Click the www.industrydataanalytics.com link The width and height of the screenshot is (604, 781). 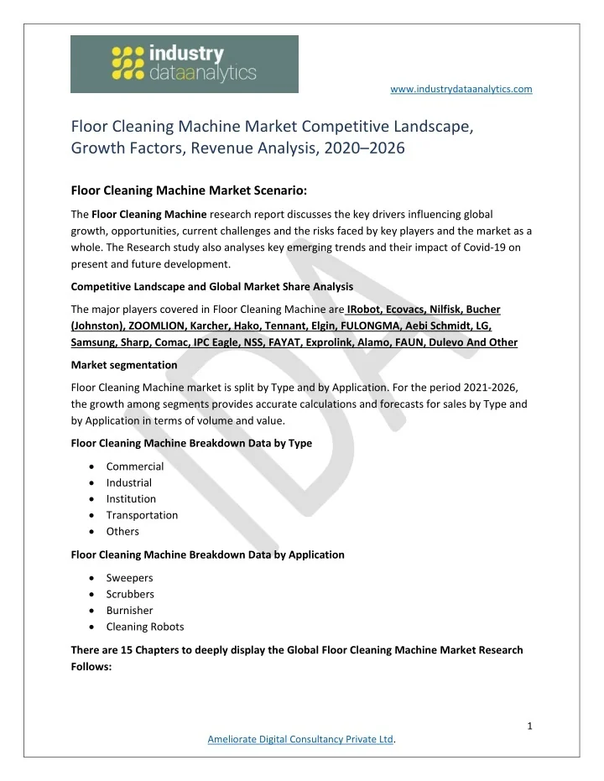tap(462, 88)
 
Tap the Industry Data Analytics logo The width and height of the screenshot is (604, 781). tap(184, 64)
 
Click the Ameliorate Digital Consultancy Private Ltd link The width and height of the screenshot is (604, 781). tap(300, 738)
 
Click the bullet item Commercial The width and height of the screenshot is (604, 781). tap(134, 466)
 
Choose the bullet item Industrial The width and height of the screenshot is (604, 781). tap(129, 482)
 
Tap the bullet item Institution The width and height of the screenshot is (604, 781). tap(131, 499)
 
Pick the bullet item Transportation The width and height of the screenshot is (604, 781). tap(142, 515)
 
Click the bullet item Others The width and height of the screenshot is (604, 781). tap(122, 531)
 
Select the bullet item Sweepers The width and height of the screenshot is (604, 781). tap(129, 578)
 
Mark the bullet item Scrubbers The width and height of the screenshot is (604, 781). tap(130, 594)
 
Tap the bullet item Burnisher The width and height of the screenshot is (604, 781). tap(129, 610)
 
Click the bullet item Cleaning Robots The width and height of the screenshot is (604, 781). tap(145, 627)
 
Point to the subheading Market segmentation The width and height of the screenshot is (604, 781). tap(124, 365)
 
